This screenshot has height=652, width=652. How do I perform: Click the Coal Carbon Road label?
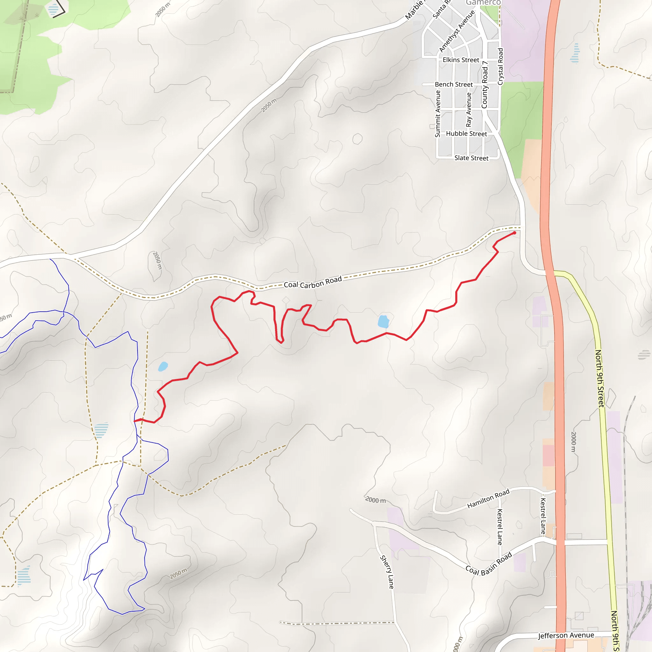(x=313, y=282)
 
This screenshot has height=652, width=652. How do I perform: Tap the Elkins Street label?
(x=461, y=60)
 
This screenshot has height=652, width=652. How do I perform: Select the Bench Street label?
(x=454, y=84)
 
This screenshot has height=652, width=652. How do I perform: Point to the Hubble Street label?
(x=466, y=134)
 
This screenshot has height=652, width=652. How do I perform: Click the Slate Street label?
(x=471, y=158)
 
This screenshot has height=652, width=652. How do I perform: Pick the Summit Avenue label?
(x=438, y=114)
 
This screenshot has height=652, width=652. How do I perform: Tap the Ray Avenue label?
(x=469, y=110)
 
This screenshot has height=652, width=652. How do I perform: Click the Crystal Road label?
(x=500, y=67)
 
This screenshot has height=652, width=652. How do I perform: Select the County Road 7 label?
(x=485, y=85)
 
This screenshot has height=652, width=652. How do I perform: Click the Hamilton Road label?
(x=488, y=499)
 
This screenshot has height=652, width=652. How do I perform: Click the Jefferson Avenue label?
(x=566, y=635)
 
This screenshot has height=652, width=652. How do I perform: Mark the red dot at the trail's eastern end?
(x=514, y=233)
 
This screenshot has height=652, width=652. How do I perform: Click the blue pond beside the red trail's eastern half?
(x=383, y=321)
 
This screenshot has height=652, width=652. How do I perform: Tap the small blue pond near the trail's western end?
(x=163, y=366)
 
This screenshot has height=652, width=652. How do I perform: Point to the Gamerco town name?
(x=483, y=3)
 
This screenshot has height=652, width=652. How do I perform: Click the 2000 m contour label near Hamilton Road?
(x=375, y=500)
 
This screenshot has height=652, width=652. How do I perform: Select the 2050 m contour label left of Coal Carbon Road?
(x=157, y=260)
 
